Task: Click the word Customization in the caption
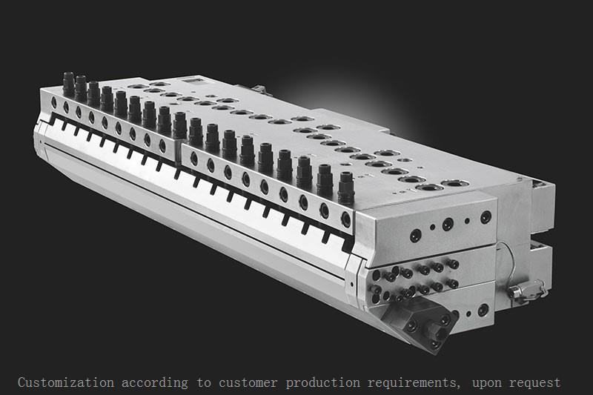[66, 383]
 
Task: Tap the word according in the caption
[155, 383]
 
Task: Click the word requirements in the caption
[411, 383]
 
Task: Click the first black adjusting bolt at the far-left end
[69, 82]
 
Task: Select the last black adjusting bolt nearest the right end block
[345, 186]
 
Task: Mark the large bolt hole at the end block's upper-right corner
[486, 217]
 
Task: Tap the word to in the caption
[204, 383]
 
